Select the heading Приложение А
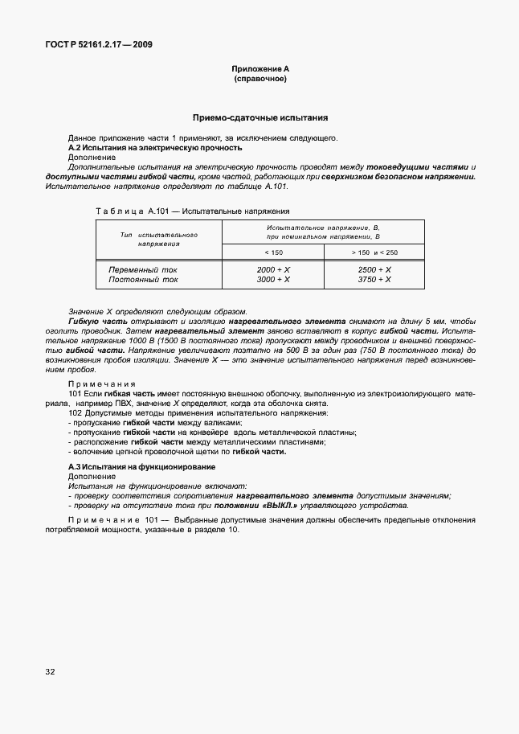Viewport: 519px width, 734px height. (259, 70)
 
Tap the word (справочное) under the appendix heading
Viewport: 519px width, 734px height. (259, 80)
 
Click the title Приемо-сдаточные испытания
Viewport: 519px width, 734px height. (259, 117)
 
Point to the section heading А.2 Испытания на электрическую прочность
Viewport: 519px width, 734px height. (155, 148)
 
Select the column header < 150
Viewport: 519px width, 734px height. (274, 252)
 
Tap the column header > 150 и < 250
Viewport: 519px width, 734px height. (374, 252)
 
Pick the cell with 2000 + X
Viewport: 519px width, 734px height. (274, 270)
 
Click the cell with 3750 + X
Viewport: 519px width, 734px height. (374, 280)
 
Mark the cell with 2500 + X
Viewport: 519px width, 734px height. (374, 270)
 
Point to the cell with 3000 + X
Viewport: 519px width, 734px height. (274, 280)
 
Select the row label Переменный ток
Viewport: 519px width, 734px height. (143, 270)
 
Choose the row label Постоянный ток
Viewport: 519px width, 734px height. (143, 280)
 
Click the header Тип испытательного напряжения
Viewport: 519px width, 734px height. (158, 238)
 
